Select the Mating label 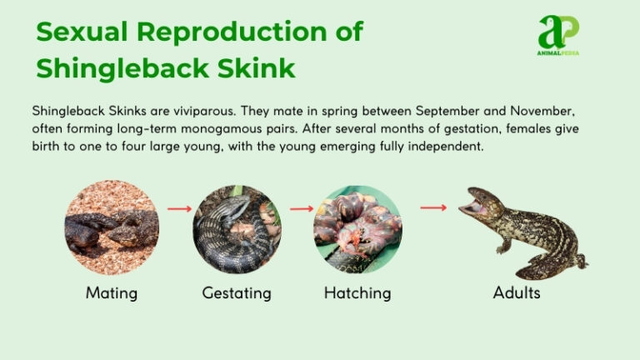point(111,292)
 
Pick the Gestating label point(237,292)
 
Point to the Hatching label point(357,292)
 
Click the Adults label point(517,292)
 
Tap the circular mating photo point(112,227)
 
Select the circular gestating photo point(237,228)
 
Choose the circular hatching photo point(357,228)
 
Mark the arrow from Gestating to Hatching point(301,208)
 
